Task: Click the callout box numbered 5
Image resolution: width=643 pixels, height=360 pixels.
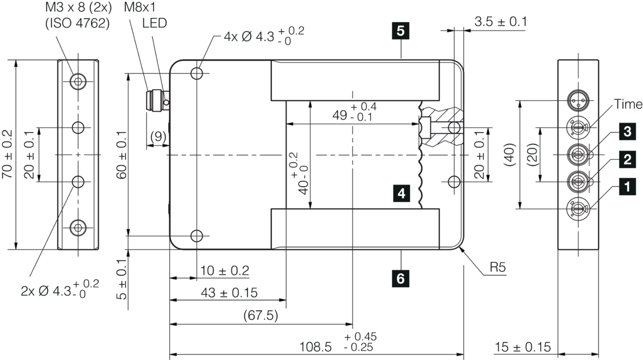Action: click(x=400, y=31)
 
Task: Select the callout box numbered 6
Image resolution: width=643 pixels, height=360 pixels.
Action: click(x=400, y=279)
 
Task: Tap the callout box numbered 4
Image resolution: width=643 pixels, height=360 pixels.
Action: click(x=402, y=193)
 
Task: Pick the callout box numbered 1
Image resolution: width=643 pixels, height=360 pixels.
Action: click(x=627, y=187)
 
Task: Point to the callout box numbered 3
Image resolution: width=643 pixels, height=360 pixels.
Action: click(x=627, y=131)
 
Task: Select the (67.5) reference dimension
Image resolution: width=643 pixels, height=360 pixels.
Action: click(x=261, y=315)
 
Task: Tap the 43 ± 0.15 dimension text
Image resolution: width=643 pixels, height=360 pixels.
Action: click(x=229, y=293)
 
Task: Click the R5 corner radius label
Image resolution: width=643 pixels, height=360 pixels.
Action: click(x=498, y=268)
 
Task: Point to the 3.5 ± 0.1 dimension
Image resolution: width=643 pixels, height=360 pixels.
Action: click(x=501, y=22)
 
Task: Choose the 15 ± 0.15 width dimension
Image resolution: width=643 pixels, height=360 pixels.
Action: click(x=523, y=347)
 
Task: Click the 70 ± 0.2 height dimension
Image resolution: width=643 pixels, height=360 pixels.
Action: click(x=7, y=154)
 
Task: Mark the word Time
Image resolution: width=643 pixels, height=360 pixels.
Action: click(x=628, y=104)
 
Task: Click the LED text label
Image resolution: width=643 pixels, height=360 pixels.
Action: click(x=155, y=23)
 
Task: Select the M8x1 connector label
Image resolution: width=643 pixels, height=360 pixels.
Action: click(x=140, y=7)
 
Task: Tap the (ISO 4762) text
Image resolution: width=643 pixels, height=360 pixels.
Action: click(x=77, y=23)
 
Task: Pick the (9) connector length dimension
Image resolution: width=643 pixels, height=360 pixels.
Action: click(x=158, y=137)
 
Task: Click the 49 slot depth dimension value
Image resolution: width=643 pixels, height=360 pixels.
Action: click(x=340, y=115)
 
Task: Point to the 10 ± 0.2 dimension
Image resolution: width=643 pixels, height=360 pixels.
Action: click(x=224, y=271)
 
